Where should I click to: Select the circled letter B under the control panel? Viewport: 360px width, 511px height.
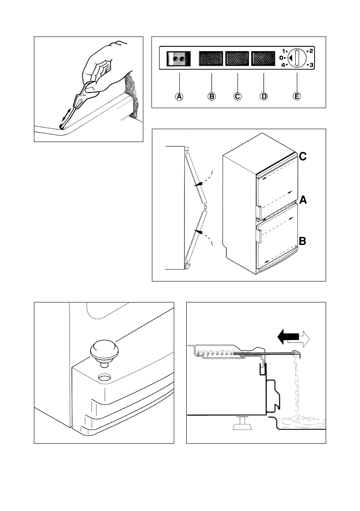point(211,97)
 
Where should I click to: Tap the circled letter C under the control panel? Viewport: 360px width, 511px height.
point(237,97)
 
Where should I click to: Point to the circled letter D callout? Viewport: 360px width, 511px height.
point(263,97)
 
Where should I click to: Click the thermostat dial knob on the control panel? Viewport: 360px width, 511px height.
point(296,58)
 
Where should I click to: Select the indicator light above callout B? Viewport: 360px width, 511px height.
point(211,58)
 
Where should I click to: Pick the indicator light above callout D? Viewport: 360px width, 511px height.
point(263,58)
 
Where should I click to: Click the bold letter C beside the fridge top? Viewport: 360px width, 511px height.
point(303,157)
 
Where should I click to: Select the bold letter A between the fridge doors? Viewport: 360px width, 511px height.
point(303,200)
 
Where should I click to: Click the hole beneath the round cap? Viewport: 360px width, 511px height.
point(103,378)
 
